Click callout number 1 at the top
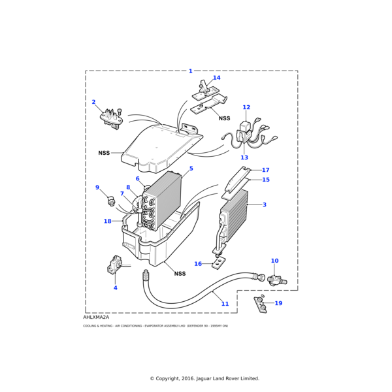(191, 71)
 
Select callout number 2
(93, 102)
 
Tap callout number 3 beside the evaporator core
(265, 205)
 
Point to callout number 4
(115, 287)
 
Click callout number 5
(191, 169)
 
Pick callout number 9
(97, 188)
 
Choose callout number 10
(274, 261)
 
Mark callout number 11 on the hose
(225, 304)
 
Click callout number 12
(246, 107)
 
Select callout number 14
(216, 78)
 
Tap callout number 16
(198, 264)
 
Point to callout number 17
(265, 170)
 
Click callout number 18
(108, 221)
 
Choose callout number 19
(278, 303)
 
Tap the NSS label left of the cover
(105, 153)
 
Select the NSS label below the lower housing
(180, 274)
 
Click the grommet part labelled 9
(111, 198)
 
